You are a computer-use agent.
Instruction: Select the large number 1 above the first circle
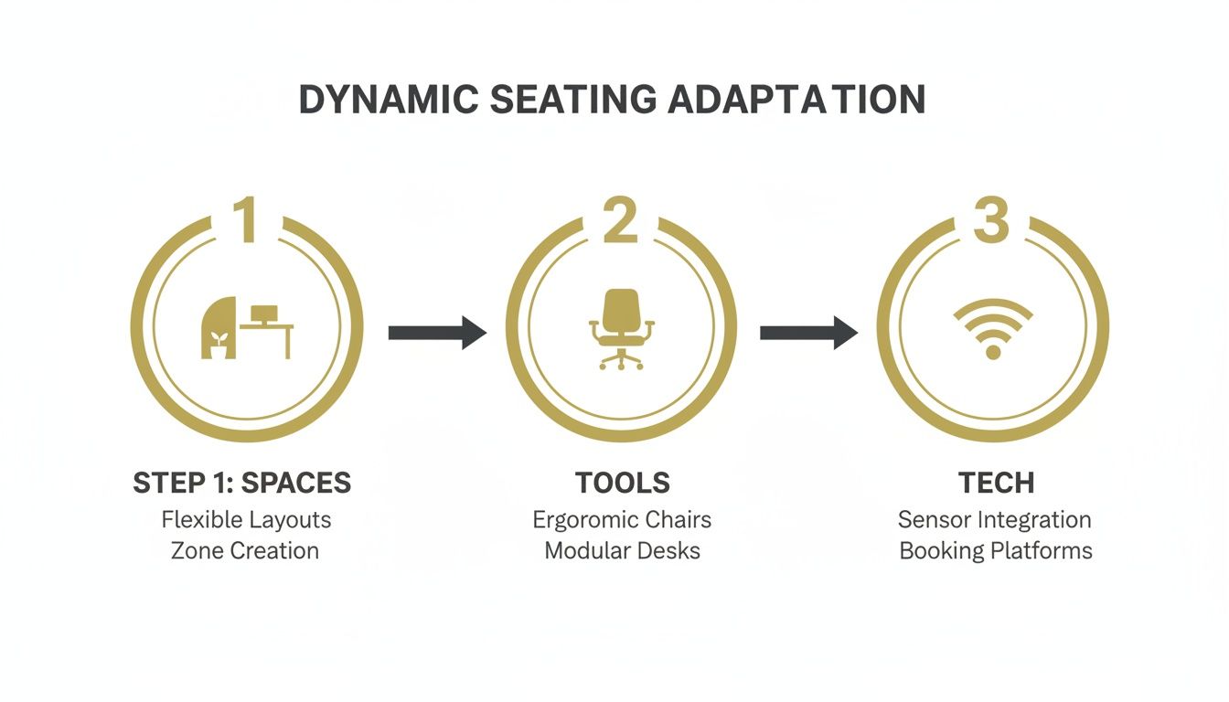coord(246,220)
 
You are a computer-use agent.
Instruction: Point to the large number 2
coord(620,220)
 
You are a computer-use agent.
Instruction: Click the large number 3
coord(991,220)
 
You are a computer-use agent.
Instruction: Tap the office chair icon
coord(622,329)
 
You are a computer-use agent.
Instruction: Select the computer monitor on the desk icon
coord(265,314)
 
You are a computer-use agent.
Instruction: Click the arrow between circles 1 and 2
coord(437,332)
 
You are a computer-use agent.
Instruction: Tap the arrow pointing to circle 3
coord(808,332)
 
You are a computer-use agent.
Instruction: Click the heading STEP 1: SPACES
coord(242,483)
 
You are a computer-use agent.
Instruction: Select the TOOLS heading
coord(623,483)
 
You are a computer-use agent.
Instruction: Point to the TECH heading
coord(996,483)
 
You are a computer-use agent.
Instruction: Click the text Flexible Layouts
coord(246,520)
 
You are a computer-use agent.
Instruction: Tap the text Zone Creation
coord(245,551)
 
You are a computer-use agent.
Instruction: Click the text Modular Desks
coord(623,551)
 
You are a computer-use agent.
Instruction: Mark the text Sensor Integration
coord(995,520)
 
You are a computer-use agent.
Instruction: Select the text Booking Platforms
coord(996,551)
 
